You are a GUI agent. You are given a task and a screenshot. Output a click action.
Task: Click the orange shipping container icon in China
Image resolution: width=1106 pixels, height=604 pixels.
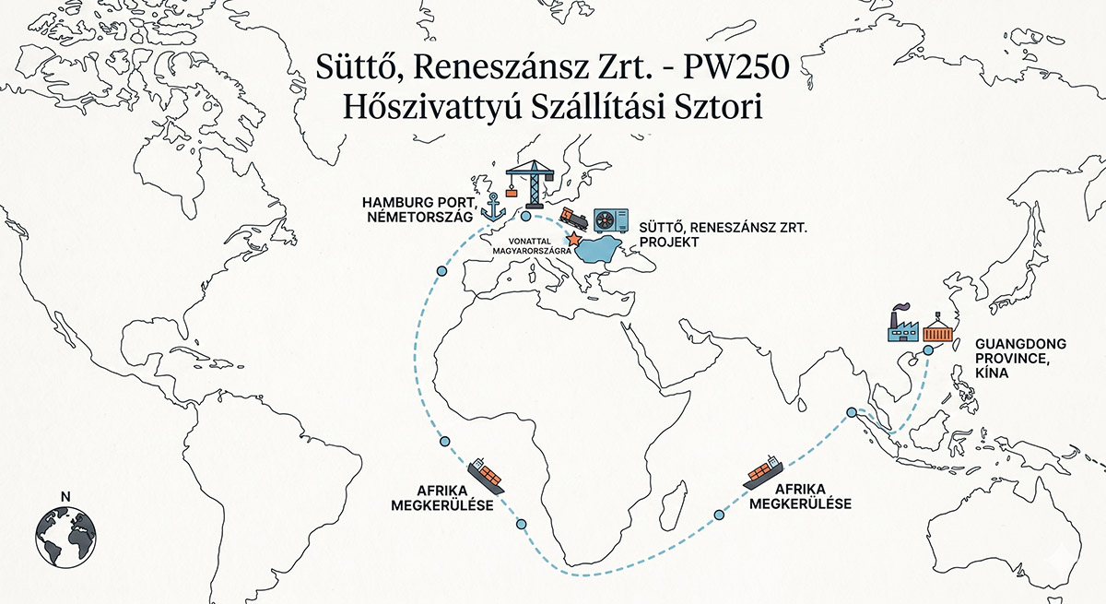(937, 329)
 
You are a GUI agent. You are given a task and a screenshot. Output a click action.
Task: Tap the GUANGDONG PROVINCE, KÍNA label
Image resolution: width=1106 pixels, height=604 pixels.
(1010, 357)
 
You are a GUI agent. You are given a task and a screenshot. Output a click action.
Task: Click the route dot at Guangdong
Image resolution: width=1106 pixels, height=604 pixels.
(928, 350)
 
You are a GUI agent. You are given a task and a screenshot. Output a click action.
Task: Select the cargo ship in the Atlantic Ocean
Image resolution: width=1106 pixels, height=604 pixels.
(486, 475)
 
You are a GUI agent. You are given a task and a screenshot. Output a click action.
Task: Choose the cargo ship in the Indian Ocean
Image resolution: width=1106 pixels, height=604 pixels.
(763, 469)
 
